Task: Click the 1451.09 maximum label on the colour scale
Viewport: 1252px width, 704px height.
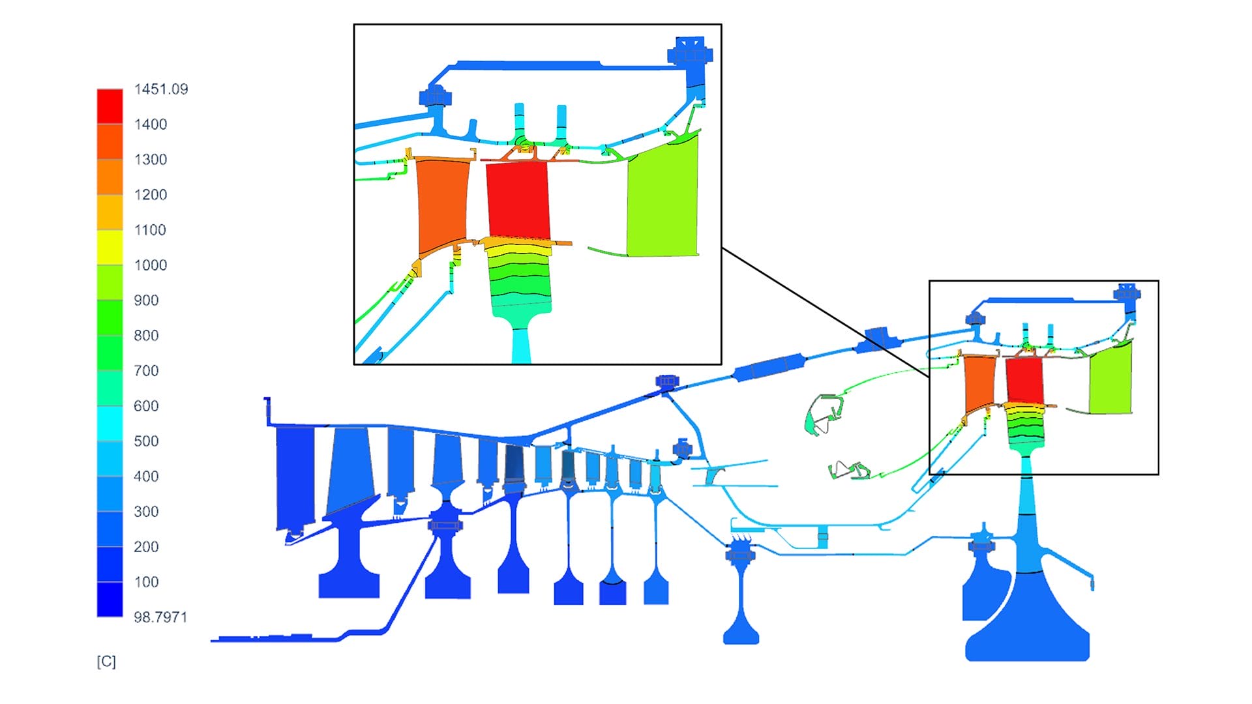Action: [160, 89]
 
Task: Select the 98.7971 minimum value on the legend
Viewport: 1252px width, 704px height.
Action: [160, 617]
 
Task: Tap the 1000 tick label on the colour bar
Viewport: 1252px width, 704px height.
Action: [150, 265]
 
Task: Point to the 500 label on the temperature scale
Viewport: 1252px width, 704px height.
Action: [146, 441]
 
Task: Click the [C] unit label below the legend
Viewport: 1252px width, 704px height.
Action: [106, 662]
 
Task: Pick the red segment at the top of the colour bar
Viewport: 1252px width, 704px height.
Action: [110, 106]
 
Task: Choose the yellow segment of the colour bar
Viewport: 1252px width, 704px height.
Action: [110, 247]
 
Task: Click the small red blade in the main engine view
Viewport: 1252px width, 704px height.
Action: [1024, 379]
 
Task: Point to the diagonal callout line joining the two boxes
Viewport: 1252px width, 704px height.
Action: [825, 313]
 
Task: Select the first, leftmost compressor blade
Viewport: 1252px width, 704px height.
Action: [294, 476]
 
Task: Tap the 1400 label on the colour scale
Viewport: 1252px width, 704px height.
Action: [150, 125]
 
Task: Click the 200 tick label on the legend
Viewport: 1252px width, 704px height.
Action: [146, 547]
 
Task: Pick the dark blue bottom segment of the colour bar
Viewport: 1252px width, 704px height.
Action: [110, 599]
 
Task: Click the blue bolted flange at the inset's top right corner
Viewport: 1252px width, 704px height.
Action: [691, 51]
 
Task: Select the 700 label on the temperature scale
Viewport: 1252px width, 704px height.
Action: [146, 371]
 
